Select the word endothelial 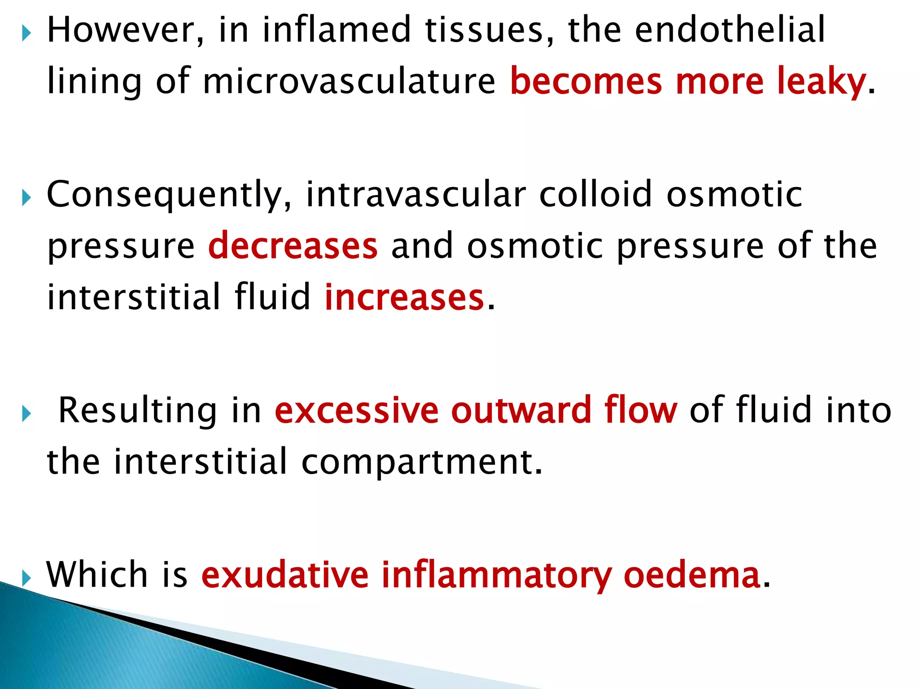click(x=730, y=30)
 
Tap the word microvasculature click(x=349, y=81)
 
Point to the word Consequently click(x=169, y=195)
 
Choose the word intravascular click(x=416, y=195)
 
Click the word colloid click(x=595, y=195)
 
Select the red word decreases click(x=293, y=246)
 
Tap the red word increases click(x=404, y=297)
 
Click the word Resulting click(x=138, y=410)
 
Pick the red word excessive click(x=357, y=410)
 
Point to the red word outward click(x=521, y=410)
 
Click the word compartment click(x=422, y=462)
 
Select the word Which click(x=97, y=575)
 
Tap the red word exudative click(x=285, y=575)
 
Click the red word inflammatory click(x=497, y=576)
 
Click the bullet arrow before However click(x=26, y=33)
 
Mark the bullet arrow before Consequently click(x=26, y=198)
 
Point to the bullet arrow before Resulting click(x=26, y=414)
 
